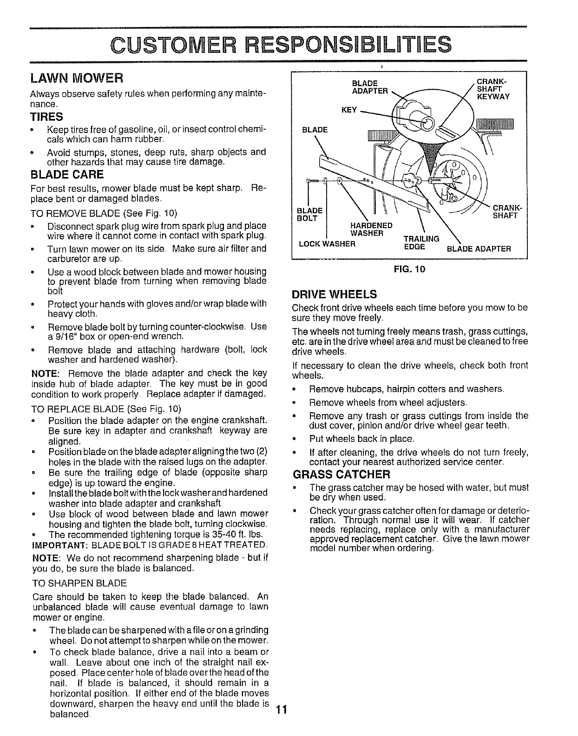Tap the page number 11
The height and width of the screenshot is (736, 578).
pyautogui.click(x=281, y=710)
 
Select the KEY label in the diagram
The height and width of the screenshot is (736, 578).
pyautogui.click(x=349, y=110)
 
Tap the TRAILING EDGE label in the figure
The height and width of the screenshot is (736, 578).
pyautogui.click(x=421, y=243)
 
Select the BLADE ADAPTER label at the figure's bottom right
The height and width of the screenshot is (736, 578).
pyautogui.click(x=479, y=249)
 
